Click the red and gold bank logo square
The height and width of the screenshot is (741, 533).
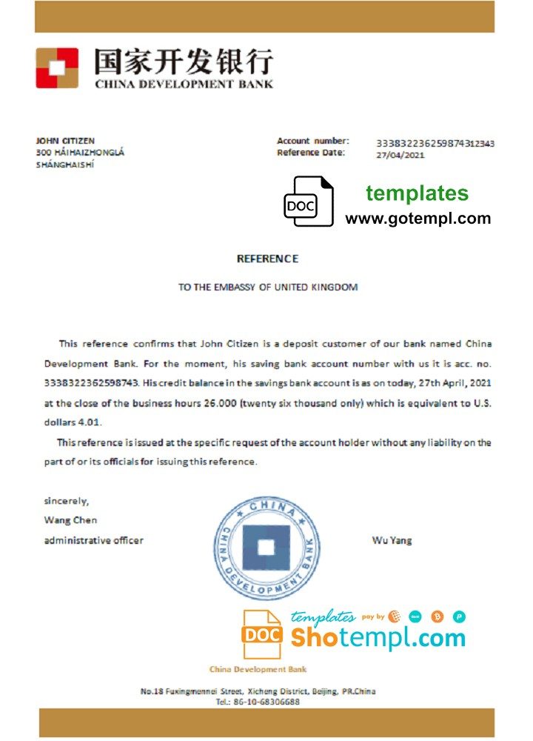point(57,68)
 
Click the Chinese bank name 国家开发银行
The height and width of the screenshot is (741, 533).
point(183,62)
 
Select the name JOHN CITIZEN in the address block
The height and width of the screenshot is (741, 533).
point(65,141)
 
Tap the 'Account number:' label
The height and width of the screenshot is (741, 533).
point(312,141)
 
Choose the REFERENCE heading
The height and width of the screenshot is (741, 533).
point(267,259)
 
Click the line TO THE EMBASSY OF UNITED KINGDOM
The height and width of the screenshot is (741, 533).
point(267,287)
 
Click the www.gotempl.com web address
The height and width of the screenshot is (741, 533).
point(418,218)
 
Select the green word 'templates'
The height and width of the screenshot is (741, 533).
point(417,193)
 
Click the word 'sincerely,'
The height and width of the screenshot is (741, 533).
point(66,501)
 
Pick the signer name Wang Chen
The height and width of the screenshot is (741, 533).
point(70,520)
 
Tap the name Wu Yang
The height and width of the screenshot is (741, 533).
point(392,540)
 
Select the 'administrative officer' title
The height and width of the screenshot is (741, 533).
point(94,540)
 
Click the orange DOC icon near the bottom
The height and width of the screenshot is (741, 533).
point(262,634)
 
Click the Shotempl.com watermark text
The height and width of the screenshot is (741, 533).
point(378,637)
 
